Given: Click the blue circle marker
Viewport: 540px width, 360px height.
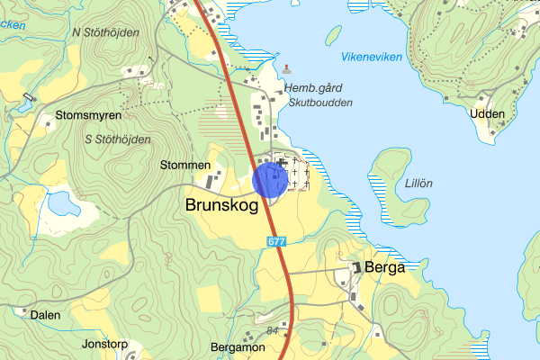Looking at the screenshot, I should pos(270,178).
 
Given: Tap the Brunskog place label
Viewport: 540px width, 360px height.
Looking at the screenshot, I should pos(221,205).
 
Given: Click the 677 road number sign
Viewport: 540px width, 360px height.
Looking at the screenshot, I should pos(275,241).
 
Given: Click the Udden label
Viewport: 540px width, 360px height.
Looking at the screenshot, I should pos(487,113).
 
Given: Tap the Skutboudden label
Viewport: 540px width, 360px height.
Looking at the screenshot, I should pos(321,103).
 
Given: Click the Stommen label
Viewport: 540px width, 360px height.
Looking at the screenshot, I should pos(184,166).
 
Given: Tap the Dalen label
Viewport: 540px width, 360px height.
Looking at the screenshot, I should pos(45,315).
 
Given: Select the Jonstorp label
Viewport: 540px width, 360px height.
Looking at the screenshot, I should pos(105,344).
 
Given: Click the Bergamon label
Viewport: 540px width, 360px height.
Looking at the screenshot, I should pos(236,346).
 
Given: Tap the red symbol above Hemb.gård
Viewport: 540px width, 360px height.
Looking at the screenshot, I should pos(287,68).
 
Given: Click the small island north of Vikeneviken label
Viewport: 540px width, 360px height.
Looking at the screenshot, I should pos(334,35).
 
